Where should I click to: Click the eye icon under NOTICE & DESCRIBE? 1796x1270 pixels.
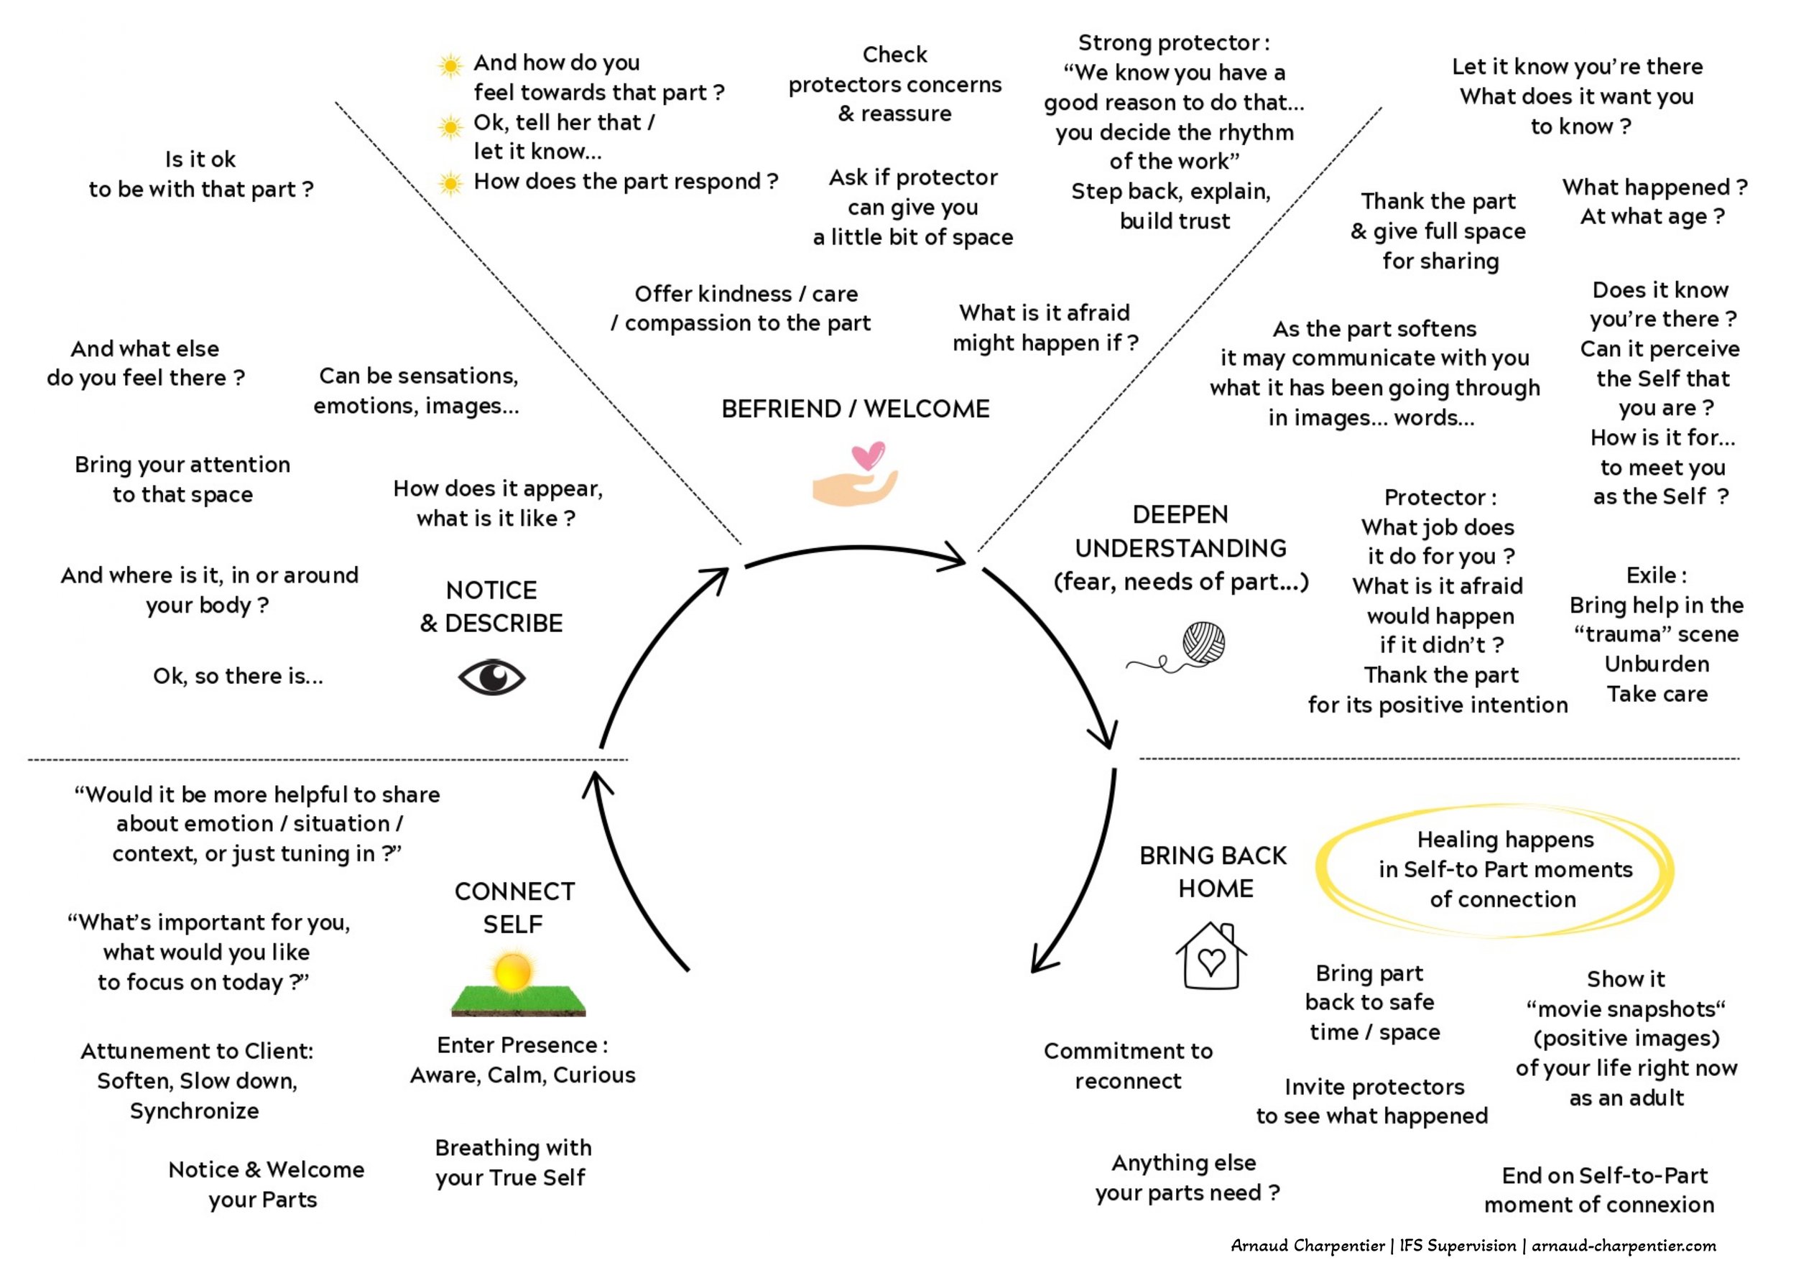coord(491,677)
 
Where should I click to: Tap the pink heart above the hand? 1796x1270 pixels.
coord(868,455)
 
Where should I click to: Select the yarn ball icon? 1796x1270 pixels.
coord(1203,644)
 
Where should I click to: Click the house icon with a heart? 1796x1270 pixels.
coord(1211,955)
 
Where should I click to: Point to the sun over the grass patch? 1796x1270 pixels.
coord(513,972)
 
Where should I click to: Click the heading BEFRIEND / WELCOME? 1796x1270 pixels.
coord(855,409)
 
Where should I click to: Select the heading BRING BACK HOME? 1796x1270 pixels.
coord(1213,872)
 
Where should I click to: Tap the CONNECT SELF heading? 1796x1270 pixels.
coord(514,908)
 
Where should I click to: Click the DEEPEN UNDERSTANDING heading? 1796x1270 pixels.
coord(1180,548)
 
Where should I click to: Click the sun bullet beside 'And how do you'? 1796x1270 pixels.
coord(450,65)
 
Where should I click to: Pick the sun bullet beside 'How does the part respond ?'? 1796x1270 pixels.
coord(450,184)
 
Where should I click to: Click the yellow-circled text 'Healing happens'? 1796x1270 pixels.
coord(1505,840)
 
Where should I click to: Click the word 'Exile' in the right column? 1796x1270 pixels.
coord(1649,575)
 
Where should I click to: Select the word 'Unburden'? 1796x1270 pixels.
coord(1657,664)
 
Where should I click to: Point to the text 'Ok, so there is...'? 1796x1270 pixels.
coord(238,676)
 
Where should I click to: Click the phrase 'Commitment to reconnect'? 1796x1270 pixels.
coord(1128,1066)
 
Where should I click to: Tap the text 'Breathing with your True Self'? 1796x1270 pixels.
coord(513,1162)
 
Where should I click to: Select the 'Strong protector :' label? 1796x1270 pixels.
coord(1173,42)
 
